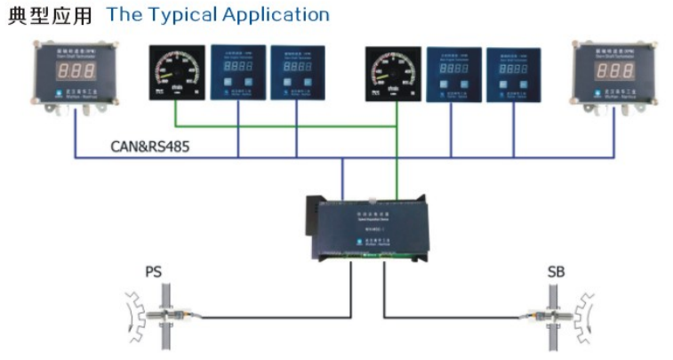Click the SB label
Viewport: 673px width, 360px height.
pyautogui.click(x=556, y=271)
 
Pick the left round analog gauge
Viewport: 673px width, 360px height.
pyautogui.click(x=175, y=72)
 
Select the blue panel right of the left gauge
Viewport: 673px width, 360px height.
pyautogui.click(x=237, y=71)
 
